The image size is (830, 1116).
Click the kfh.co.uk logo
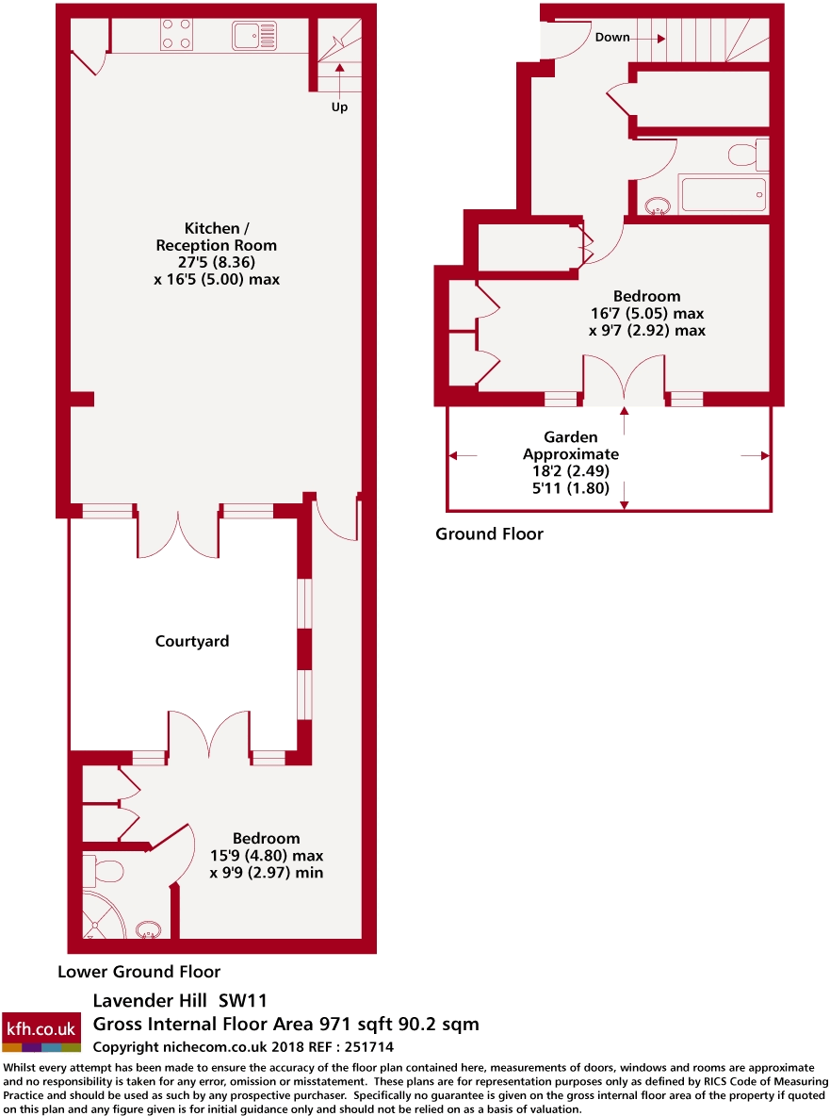coord(41,1032)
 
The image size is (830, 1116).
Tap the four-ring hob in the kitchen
coord(176,36)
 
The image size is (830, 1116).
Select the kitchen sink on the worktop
coord(254,37)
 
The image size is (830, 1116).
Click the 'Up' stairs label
coord(339,107)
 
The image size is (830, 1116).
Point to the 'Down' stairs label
coord(612,38)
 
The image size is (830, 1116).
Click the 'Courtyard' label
coord(192,641)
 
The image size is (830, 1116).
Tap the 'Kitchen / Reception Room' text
coord(217,237)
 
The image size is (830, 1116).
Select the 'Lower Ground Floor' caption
coord(139,972)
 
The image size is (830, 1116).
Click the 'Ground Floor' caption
coord(489,534)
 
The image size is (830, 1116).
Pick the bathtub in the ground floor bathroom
coord(723,195)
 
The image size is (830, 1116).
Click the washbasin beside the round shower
coord(147,931)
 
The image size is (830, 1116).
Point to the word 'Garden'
coord(570,437)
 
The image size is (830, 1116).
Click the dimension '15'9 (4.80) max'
coord(267,856)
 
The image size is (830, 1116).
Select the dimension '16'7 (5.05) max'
coord(646,313)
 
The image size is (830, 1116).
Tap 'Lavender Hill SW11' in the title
coord(186,1000)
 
